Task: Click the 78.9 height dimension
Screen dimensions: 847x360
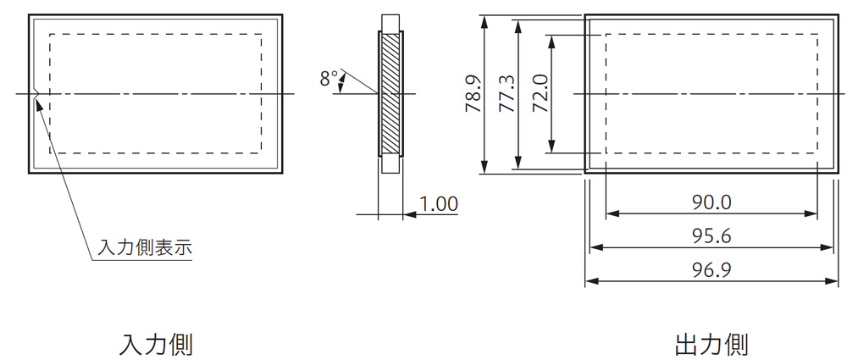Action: pyautogui.click(x=473, y=93)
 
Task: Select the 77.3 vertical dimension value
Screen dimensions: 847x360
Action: pyautogui.click(x=507, y=93)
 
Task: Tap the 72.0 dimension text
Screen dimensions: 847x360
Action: pyautogui.click(x=540, y=93)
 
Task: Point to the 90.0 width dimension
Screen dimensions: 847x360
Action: pyautogui.click(x=711, y=202)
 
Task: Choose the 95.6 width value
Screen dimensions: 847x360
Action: pyautogui.click(x=711, y=235)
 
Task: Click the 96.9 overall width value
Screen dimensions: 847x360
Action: pyautogui.click(x=711, y=269)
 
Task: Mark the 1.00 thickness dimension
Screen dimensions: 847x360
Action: pyautogui.click(x=439, y=204)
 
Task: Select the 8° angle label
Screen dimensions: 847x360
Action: pyautogui.click(x=329, y=79)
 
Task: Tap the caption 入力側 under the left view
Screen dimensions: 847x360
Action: pyautogui.click(x=156, y=344)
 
